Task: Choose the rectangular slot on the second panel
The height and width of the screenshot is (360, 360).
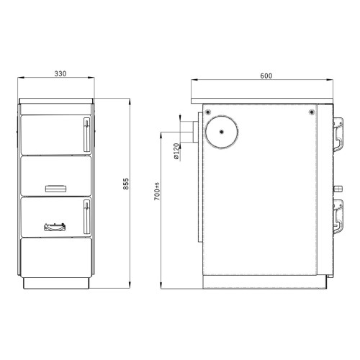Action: click(55, 189)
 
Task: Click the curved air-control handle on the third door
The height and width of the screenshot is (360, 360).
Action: click(53, 228)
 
